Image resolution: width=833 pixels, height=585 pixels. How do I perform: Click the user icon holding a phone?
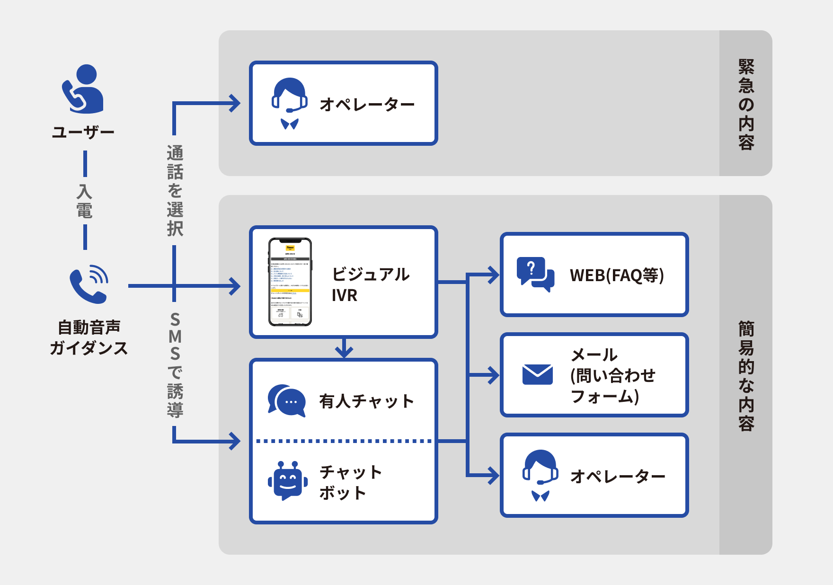pos(83,89)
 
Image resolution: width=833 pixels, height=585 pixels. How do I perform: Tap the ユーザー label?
pos(83,132)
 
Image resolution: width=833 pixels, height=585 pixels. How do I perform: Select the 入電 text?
pos(84,201)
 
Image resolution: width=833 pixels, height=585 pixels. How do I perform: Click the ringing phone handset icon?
pos(89,284)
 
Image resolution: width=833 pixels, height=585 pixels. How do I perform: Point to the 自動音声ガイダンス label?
pos(89,337)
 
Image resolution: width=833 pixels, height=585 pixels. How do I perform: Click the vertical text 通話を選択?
pos(175,190)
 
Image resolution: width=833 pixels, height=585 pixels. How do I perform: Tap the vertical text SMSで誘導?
pos(175,364)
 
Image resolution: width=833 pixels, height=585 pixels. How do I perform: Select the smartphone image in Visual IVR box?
pos(290,282)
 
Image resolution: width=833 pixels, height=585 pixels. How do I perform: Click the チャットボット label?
pos(350,482)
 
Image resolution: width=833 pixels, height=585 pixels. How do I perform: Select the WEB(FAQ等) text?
pos(617,275)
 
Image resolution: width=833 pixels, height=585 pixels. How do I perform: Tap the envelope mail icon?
pos(537,374)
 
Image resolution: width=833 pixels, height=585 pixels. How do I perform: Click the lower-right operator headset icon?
pos(540,475)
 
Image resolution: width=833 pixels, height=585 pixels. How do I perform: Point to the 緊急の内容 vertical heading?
pos(746,104)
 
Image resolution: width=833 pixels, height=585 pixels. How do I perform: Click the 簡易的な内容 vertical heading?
pos(746,375)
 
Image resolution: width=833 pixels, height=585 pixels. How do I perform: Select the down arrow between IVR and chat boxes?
pos(344,349)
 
